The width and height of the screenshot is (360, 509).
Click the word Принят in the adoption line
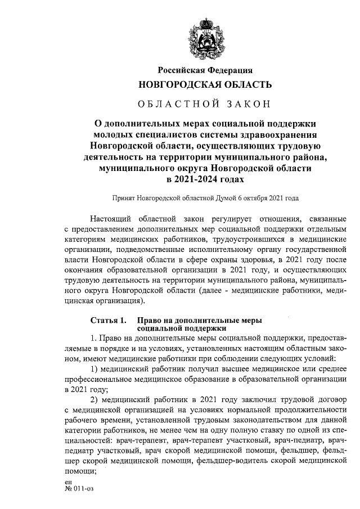125,198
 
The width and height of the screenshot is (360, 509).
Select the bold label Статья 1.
108,320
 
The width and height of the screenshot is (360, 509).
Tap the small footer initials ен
68,482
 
